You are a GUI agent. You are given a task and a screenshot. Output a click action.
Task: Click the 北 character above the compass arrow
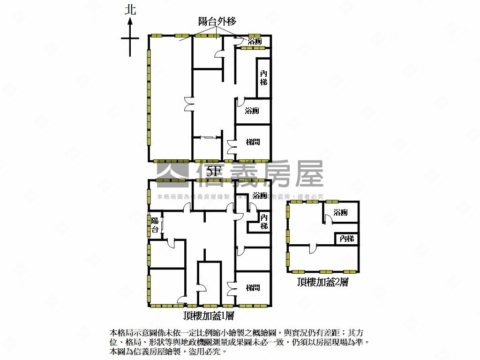click(x=130, y=10)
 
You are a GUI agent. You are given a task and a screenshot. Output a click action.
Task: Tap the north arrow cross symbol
click(x=130, y=39)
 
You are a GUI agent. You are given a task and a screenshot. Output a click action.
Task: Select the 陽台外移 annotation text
click(x=217, y=21)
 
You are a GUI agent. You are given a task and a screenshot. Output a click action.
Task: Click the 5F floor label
click(x=213, y=172)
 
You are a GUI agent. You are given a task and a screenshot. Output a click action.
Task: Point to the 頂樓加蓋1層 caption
click(x=209, y=316)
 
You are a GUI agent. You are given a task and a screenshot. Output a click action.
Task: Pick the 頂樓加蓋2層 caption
click(x=322, y=282)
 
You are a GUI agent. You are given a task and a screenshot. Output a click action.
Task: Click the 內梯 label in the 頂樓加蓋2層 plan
click(x=347, y=239)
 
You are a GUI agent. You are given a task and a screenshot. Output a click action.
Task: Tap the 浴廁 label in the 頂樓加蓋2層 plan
click(x=341, y=212)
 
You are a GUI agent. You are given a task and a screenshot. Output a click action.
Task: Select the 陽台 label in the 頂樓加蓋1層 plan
click(x=155, y=225)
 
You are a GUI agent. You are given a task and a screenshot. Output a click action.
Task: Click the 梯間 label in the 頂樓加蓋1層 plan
click(x=253, y=288)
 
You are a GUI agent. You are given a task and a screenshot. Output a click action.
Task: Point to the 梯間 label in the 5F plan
click(x=253, y=142)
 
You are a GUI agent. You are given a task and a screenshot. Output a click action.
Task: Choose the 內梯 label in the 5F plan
click(x=264, y=78)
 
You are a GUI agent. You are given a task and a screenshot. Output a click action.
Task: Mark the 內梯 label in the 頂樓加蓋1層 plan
click(x=264, y=222)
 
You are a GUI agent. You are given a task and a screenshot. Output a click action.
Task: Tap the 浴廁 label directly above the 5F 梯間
click(x=252, y=111)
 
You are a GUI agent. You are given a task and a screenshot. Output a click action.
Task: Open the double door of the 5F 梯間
click(x=231, y=147)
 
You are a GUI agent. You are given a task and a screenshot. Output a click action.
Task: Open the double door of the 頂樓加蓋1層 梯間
click(x=231, y=287)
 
